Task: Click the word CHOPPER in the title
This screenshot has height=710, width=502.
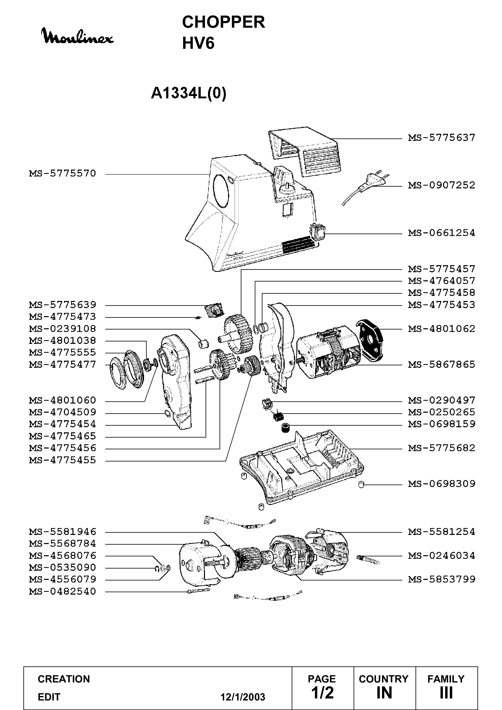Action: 224,22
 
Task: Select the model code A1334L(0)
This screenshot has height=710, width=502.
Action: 189,93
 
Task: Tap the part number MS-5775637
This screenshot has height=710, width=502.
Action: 442,138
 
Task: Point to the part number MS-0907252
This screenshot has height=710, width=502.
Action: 442,185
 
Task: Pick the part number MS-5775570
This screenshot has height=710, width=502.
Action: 63,173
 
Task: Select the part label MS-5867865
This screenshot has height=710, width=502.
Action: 442,364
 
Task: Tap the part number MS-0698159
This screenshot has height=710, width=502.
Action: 442,424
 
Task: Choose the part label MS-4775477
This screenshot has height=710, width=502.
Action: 63,364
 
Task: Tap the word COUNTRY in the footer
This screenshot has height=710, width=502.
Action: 384,679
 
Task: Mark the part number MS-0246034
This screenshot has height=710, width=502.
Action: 442,556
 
